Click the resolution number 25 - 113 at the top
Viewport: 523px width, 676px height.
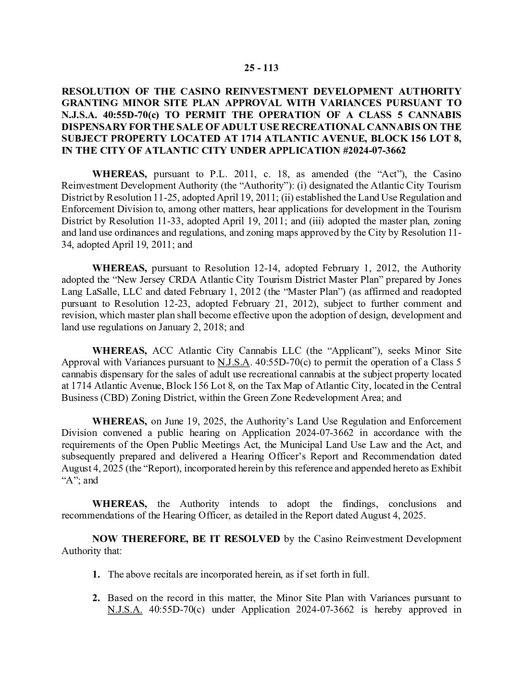[261, 68]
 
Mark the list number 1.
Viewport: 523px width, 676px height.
[96, 574]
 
